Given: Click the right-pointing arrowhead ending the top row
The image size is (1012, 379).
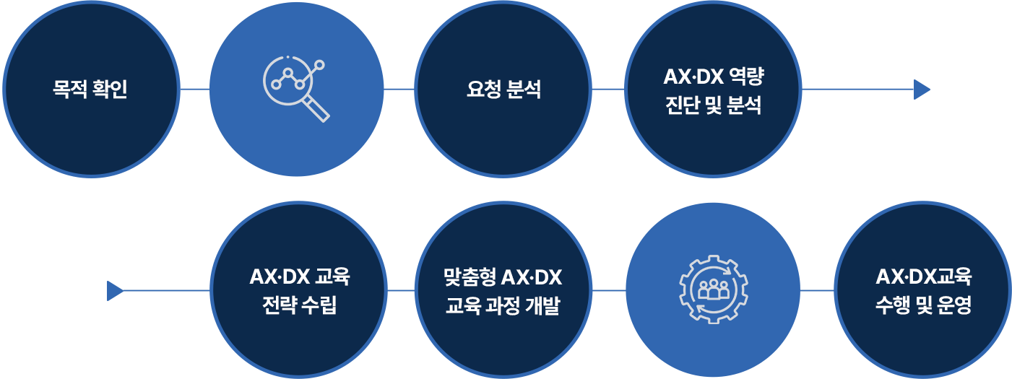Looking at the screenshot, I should (921, 90).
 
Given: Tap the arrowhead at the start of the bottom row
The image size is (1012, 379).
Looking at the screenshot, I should (114, 291).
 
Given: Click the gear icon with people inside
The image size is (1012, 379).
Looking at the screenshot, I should (714, 290).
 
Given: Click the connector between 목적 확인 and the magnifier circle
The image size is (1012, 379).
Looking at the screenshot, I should (194, 90).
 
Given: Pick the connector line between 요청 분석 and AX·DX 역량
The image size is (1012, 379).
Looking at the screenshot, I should (608, 90).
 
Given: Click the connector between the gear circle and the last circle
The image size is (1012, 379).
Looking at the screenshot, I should (817, 291).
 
